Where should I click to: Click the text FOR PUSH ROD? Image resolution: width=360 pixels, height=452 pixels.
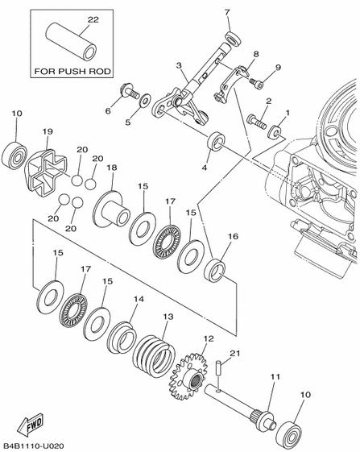click(72, 71)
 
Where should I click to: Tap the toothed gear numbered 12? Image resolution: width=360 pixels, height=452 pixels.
click(188, 377)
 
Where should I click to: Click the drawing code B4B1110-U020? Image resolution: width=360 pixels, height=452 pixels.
click(34, 446)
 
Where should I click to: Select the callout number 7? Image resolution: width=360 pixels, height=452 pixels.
click(227, 12)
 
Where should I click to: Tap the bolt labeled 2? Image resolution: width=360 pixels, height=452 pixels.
click(257, 122)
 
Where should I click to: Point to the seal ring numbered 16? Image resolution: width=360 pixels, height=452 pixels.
click(214, 271)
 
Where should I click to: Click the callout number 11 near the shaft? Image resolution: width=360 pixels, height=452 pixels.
click(275, 376)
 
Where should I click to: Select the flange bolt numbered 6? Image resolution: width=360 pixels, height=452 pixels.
click(129, 91)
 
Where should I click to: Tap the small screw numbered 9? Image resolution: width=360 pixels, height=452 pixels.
click(257, 83)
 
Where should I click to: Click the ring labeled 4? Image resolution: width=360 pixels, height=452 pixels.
click(216, 141)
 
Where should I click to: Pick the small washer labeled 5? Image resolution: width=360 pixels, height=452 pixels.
click(144, 101)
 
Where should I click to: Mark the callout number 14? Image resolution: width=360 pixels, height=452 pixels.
click(139, 299)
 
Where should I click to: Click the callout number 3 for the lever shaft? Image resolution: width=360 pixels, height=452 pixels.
click(180, 65)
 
